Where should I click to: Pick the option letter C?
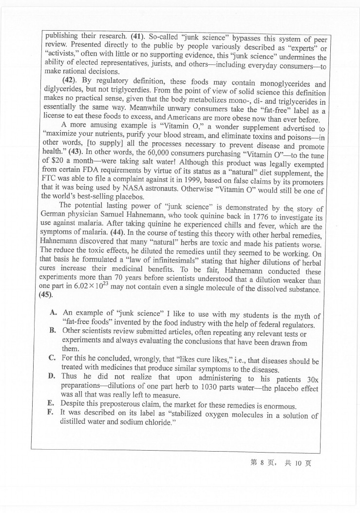52,358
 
